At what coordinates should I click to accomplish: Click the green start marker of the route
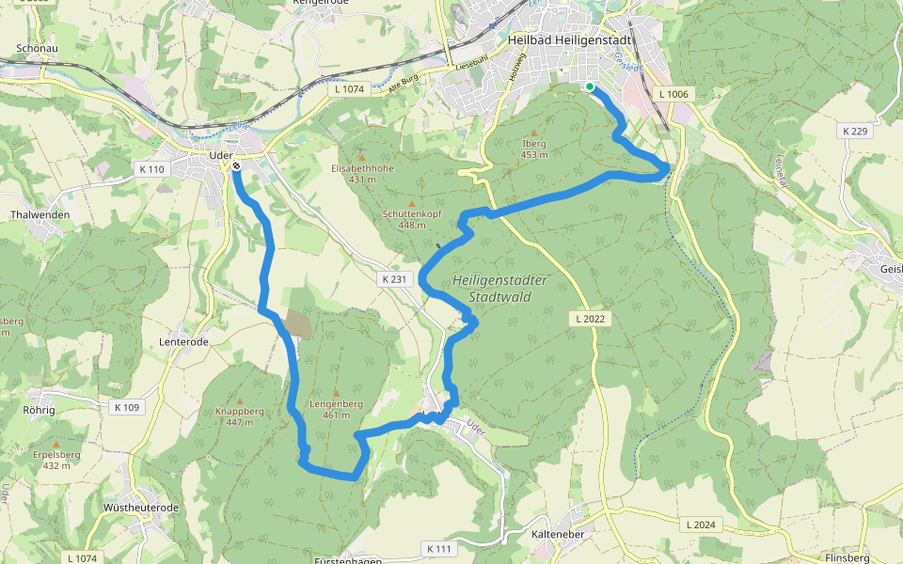590,87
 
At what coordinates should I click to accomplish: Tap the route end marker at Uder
236,166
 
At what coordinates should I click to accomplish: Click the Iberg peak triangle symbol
534,133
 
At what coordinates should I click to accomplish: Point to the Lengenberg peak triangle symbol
337,392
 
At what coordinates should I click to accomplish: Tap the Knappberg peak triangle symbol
239,399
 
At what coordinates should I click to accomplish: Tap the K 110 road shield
150,169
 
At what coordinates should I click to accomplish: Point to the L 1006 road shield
673,94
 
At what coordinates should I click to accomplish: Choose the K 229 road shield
855,131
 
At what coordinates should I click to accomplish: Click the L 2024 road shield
702,524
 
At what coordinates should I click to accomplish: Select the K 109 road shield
125,407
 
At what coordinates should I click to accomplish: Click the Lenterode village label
184,342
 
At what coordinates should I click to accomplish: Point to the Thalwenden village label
40,214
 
